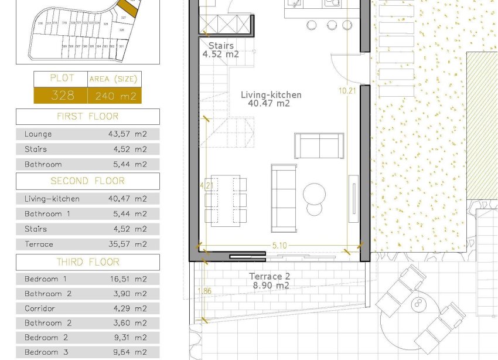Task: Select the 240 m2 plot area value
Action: click(x=114, y=96)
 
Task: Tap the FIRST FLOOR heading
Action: click(x=87, y=116)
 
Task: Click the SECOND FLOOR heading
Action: click(x=87, y=181)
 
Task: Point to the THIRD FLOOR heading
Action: click(x=87, y=262)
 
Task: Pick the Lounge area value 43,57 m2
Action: click(x=128, y=134)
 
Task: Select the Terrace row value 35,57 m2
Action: click(x=128, y=244)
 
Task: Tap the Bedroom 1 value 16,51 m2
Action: click(x=128, y=279)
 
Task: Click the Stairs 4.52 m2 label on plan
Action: click(x=221, y=50)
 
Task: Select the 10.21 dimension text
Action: click(x=347, y=90)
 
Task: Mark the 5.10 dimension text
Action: click(x=279, y=246)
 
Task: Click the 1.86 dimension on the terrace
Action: click(x=204, y=290)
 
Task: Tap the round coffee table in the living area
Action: click(x=315, y=193)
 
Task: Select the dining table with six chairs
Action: click(x=226, y=199)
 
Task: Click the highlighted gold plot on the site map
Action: click(x=128, y=8)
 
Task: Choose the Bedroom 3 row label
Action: click(x=41, y=352)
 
